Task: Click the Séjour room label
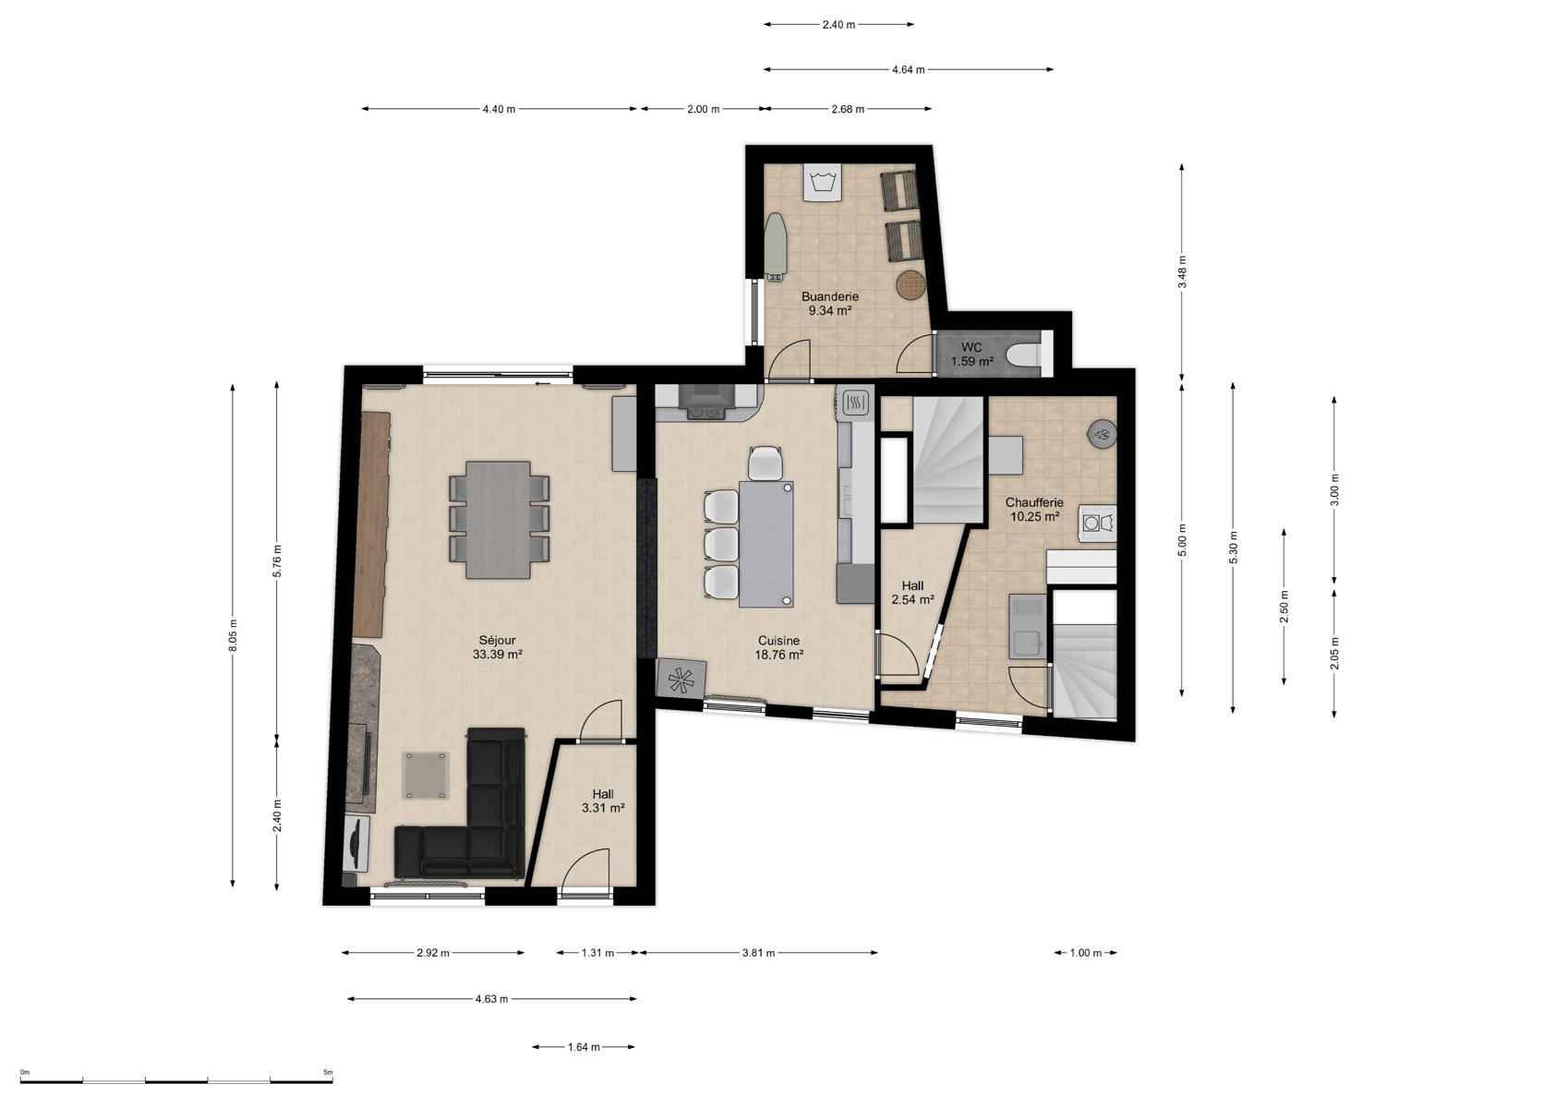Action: (497, 647)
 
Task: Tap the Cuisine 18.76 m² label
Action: (778, 648)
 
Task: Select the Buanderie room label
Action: (830, 304)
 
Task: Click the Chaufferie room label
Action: (1034, 510)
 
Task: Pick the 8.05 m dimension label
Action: (233, 635)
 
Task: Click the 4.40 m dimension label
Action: (499, 109)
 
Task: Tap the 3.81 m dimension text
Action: (758, 953)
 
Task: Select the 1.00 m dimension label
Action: (1086, 953)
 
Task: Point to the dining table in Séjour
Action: (498, 520)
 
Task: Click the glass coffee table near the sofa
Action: (426, 775)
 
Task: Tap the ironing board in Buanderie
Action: (775, 246)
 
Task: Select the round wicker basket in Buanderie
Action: (910, 285)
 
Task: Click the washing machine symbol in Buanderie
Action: (822, 183)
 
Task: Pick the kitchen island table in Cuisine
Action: (766, 544)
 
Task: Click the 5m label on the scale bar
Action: (328, 1072)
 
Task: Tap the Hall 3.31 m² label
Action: (603, 801)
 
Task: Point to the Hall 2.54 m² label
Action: (912, 593)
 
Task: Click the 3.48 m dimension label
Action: (1182, 272)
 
